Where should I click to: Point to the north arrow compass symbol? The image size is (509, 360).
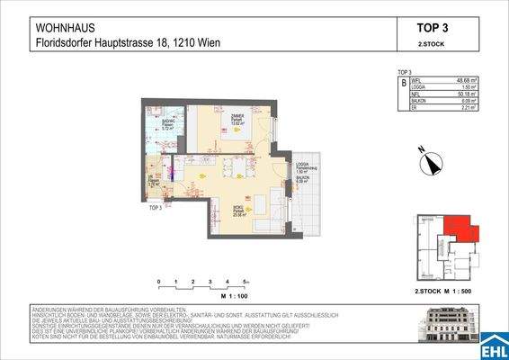pyautogui.click(x=431, y=163)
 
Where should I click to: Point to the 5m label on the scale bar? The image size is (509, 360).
pyautogui.click(x=244, y=282)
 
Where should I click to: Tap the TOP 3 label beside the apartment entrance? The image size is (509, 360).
pyautogui.click(x=156, y=207)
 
